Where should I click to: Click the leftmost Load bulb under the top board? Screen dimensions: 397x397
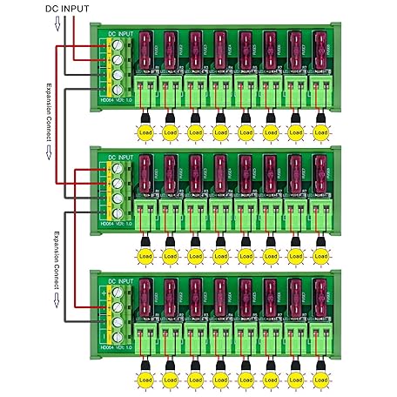click(144, 132)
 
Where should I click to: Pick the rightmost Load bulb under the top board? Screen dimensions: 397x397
click(322, 132)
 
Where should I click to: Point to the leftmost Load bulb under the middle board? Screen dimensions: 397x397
click(144, 257)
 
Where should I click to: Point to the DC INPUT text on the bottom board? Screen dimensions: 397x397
click(122, 281)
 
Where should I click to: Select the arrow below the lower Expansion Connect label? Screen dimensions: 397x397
click(56, 300)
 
